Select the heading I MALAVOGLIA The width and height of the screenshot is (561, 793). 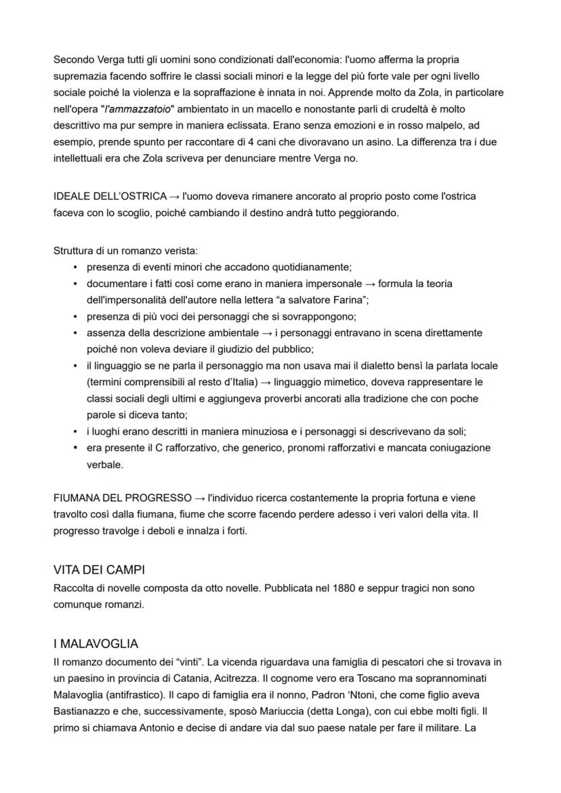click(96, 644)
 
